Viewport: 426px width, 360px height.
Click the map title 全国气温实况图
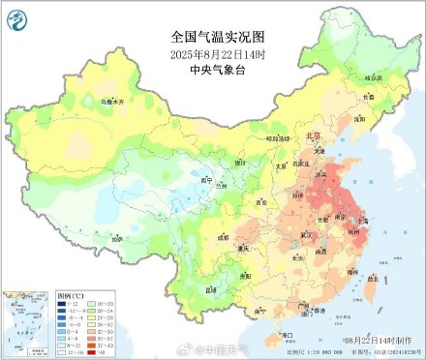pos(212,36)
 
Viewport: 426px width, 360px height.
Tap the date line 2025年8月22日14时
pos(212,53)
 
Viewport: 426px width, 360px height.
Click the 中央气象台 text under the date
pos(212,69)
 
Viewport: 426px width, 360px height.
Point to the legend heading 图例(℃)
pos(46,295)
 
